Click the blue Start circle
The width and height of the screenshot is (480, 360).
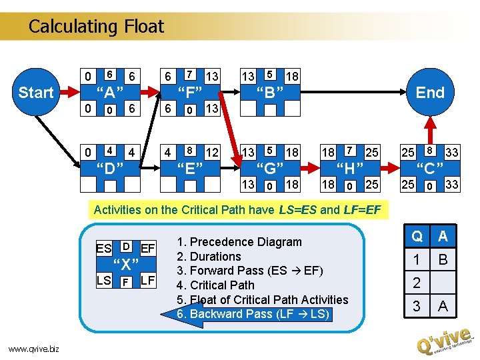[35, 93]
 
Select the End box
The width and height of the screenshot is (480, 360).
[429, 93]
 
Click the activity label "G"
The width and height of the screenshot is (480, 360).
[271, 167]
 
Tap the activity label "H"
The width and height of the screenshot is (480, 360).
[350, 167]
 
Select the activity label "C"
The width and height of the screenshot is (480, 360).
[429, 167]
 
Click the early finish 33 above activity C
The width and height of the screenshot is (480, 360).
[452, 153]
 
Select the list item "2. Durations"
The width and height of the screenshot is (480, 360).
[209, 257]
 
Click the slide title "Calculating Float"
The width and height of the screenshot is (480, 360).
[96, 27]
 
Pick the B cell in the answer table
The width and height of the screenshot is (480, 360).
[443, 259]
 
